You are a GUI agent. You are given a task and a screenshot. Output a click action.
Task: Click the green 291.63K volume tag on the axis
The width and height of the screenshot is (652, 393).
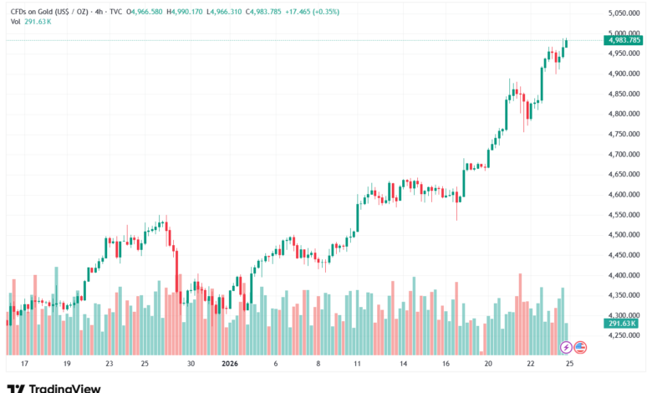coord(622,323)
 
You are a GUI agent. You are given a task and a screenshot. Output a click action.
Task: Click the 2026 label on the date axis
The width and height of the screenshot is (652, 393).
coord(230,364)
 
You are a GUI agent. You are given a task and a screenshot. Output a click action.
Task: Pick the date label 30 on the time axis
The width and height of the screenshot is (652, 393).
coord(191,364)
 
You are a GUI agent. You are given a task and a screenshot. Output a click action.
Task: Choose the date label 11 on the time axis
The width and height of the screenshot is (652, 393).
coord(358,364)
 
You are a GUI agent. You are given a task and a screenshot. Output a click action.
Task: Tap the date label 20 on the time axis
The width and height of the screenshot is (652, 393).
coord(489,364)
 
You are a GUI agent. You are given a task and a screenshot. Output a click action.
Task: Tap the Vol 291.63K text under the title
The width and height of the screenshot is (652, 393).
coord(28,21)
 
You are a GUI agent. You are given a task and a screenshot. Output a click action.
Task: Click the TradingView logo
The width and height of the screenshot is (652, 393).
coord(53,386)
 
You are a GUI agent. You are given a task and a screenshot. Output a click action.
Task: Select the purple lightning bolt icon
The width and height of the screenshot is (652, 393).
coord(566,347)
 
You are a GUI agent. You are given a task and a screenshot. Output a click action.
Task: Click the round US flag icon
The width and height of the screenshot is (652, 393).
coord(581,347)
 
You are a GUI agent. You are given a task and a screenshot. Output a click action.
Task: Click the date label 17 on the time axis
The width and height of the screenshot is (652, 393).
coord(25,364)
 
